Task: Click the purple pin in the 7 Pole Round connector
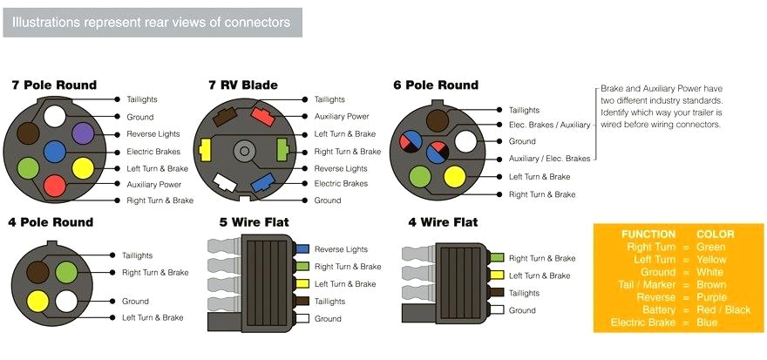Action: [83, 132]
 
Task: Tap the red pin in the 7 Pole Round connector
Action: [54, 185]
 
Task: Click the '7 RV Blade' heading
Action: [243, 85]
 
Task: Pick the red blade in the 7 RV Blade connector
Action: [261, 112]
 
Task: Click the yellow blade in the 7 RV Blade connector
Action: [207, 150]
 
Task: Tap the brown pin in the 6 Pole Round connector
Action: [437, 115]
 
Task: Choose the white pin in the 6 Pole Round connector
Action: [465, 140]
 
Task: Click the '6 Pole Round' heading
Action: [436, 85]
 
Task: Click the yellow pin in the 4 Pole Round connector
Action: [37, 301]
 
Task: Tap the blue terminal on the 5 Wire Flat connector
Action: [302, 249]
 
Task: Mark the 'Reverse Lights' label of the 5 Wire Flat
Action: [341, 249]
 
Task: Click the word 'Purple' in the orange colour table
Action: [712, 297]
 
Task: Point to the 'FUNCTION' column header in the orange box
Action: [648, 234]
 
